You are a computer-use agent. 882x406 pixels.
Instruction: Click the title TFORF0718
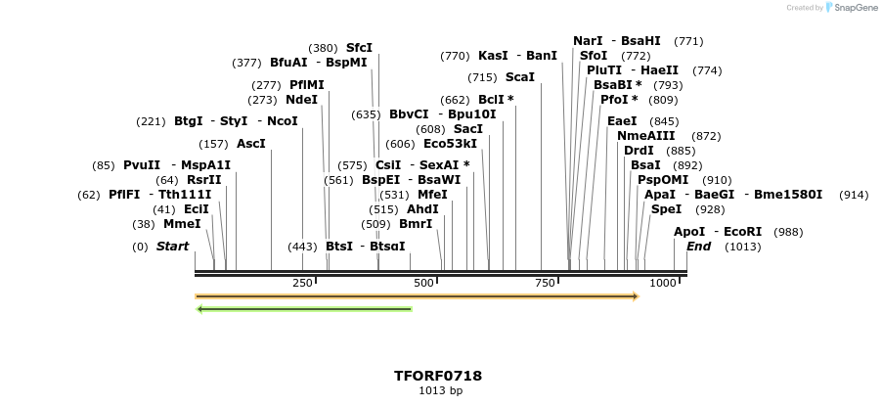pyautogui.click(x=438, y=376)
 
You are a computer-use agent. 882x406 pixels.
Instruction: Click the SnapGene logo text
pyautogui.click(x=855, y=8)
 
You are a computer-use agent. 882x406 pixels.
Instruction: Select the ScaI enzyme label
pyautogui.click(x=520, y=77)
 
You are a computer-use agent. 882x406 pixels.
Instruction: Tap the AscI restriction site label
pyautogui.click(x=251, y=144)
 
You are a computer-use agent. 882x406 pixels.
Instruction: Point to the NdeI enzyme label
pyautogui.click(x=301, y=100)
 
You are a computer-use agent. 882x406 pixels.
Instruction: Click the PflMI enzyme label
pyautogui.click(x=307, y=85)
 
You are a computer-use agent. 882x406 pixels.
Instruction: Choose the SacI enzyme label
pyautogui.click(x=468, y=129)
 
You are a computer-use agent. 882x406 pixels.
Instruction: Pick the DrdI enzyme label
pyautogui.click(x=639, y=151)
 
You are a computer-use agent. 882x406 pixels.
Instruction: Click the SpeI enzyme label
pyautogui.click(x=666, y=209)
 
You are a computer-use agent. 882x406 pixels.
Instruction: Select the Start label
pyautogui.click(x=173, y=247)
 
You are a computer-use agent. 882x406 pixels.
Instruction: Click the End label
pyautogui.click(x=698, y=247)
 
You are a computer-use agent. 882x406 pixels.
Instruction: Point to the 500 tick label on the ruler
pyautogui.click(x=423, y=283)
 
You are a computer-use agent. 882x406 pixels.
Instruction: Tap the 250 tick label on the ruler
pyautogui.click(x=302, y=283)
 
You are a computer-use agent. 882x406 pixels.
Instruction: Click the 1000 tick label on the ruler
pyautogui.click(x=663, y=283)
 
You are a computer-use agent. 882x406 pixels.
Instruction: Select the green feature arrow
pyautogui.click(x=304, y=309)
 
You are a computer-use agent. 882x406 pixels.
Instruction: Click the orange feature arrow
pyautogui.click(x=417, y=295)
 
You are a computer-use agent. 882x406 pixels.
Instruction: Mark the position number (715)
pyautogui.click(x=482, y=77)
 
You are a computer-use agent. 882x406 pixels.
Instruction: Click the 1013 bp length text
pyautogui.click(x=440, y=391)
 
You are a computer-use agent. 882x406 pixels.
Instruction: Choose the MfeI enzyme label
pyautogui.click(x=432, y=195)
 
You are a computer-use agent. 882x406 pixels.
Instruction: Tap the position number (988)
pyautogui.click(x=788, y=232)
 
